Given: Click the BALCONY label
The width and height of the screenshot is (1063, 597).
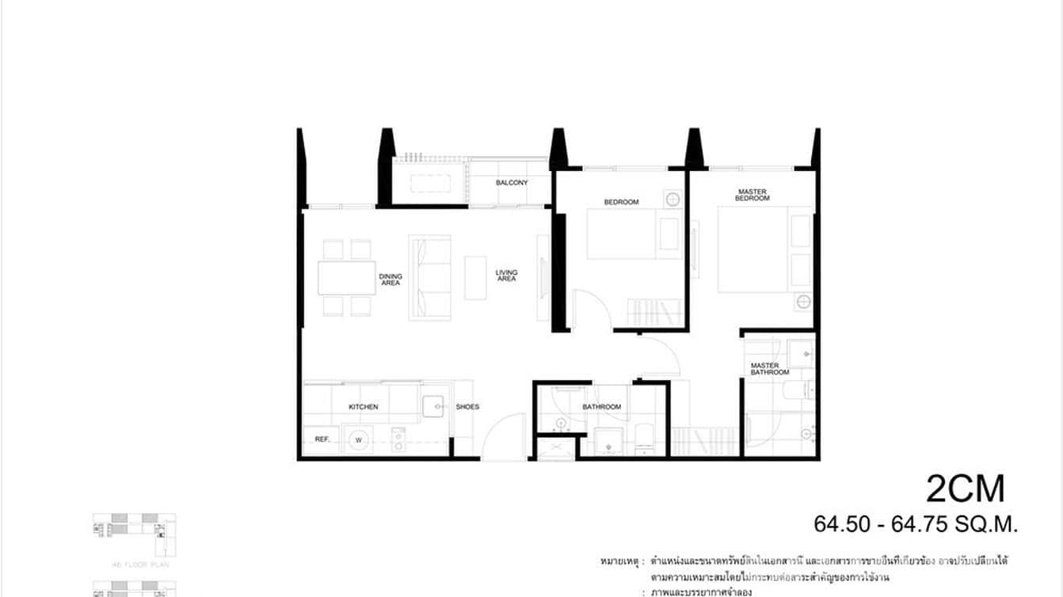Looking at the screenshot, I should point(512,183).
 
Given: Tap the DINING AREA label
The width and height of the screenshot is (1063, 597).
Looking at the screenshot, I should point(391,279).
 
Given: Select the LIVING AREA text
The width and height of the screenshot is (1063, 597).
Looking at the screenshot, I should point(506,276).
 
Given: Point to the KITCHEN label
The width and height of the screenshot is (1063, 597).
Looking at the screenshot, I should point(364,407).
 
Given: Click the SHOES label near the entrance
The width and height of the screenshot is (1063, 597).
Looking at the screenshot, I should point(467,407).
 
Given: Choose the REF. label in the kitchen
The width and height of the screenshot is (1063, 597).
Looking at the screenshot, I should point(322,439).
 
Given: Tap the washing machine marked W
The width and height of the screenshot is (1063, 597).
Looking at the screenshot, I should point(359,439).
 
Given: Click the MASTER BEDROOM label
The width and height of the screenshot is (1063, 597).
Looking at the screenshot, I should point(753,195).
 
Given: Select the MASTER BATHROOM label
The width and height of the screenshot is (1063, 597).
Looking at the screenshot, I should point(770,369).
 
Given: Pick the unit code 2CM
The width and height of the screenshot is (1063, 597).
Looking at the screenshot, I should point(965,489).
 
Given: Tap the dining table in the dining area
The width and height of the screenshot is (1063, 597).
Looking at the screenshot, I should point(347,278).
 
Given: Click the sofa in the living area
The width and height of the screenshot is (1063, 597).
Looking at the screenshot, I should point(429,278).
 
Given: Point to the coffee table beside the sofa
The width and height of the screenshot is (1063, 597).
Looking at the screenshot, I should point(475,277).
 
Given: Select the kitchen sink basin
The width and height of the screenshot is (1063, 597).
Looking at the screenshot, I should point(434,405).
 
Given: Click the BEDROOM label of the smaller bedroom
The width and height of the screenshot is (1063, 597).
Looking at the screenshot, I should point(621,202).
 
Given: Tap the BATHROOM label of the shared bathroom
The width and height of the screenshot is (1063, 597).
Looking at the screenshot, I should point(602,407).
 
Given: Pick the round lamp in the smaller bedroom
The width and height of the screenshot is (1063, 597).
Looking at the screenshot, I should point(672,199).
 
